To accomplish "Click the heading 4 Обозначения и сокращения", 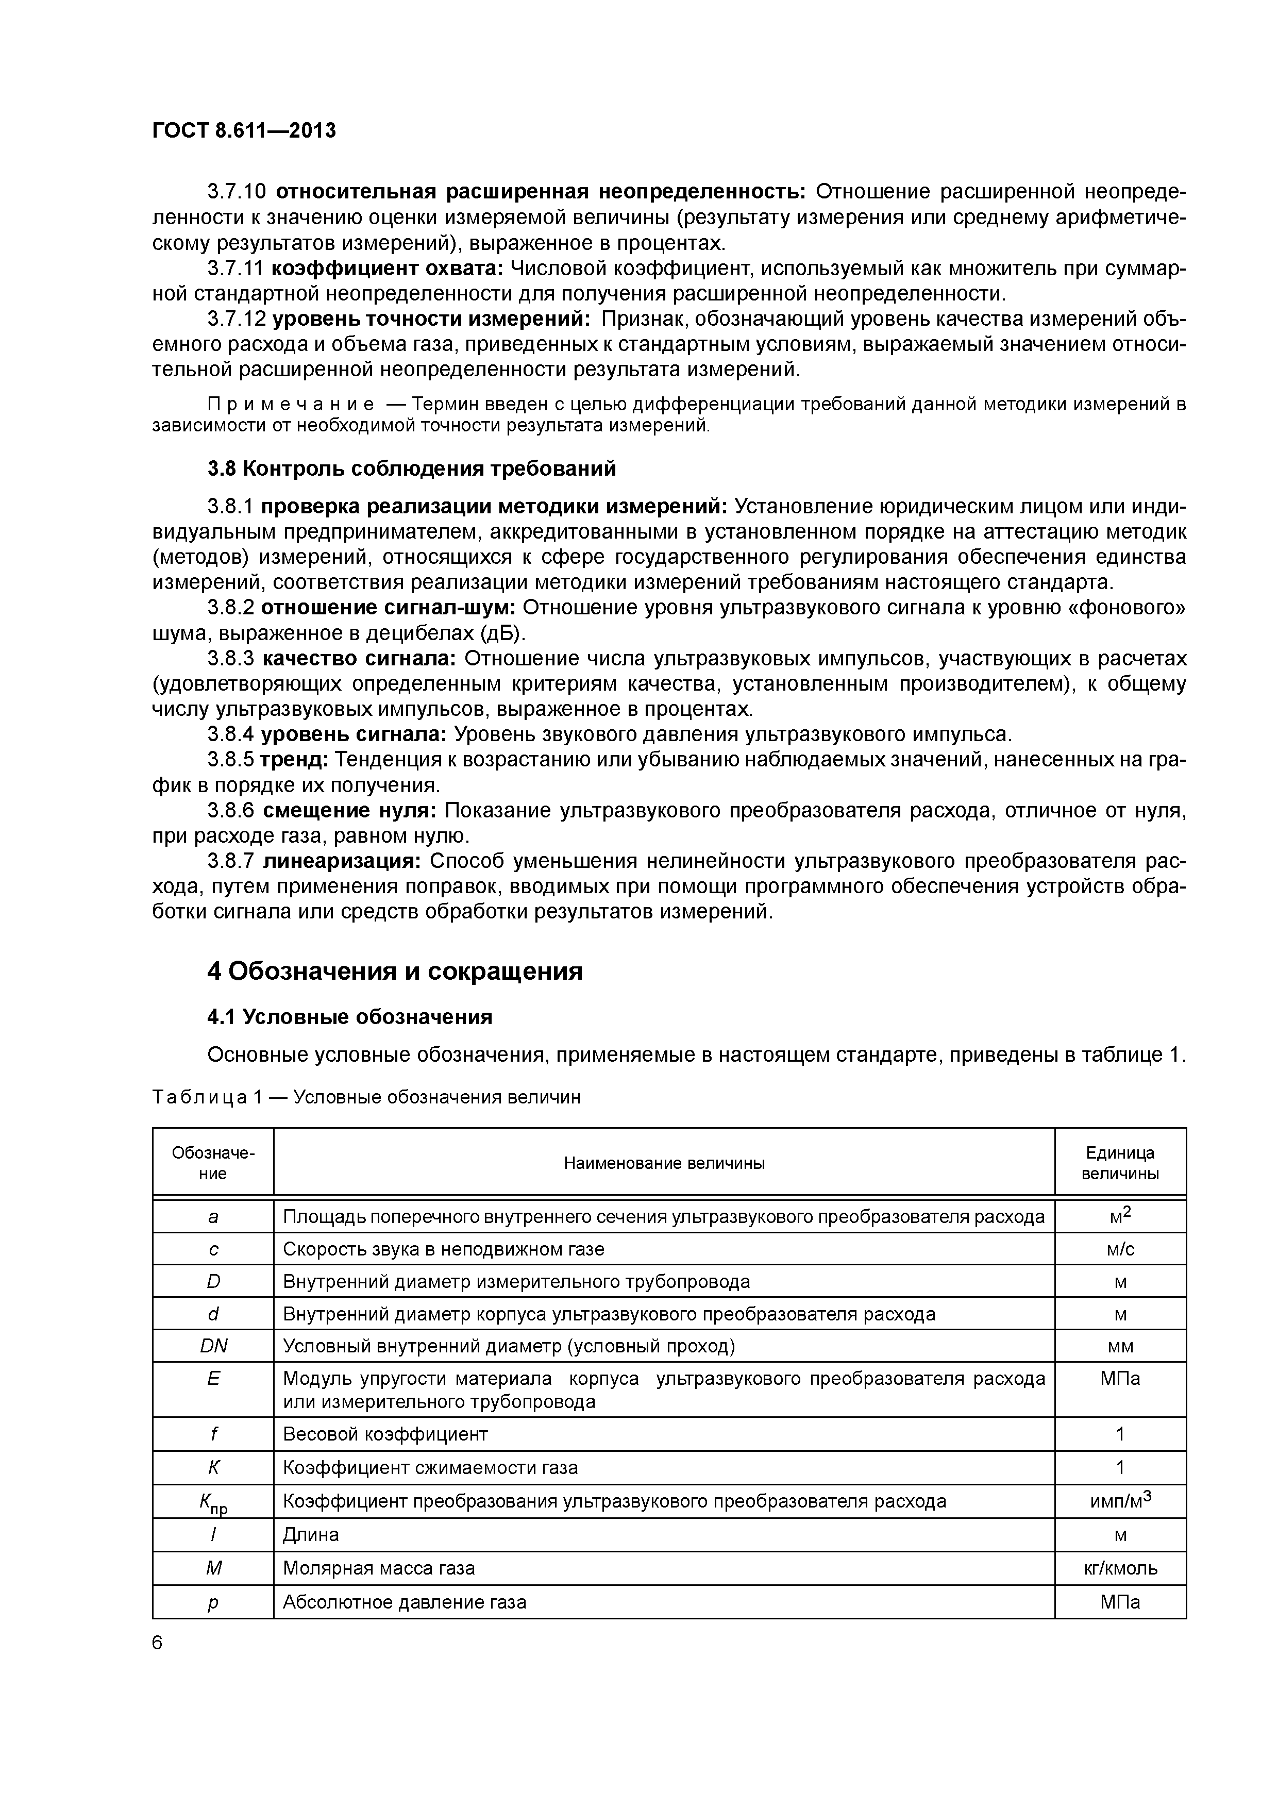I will coord(395,971).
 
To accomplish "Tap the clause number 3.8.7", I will coord(231,861).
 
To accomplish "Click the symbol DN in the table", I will coord(213,1346).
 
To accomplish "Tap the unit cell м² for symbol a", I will coord(1120,1217).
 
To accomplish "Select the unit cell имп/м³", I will coord(1120,1501).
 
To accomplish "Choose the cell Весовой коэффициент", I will coord(385,1434).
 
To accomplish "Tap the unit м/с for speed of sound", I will coord(1120,1249).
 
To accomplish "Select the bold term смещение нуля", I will coord(349,810).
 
